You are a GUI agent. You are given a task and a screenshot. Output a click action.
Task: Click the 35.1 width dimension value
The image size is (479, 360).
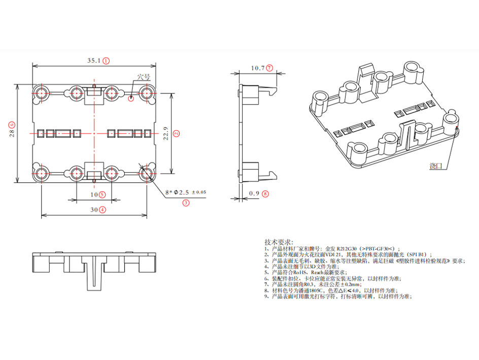[93, 60]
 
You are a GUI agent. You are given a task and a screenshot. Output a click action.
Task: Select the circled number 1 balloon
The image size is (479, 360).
[106, 60]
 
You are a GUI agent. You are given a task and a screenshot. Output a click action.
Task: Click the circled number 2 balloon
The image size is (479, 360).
[176, 134]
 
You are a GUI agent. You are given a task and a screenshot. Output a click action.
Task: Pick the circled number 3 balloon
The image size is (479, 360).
[186, 203]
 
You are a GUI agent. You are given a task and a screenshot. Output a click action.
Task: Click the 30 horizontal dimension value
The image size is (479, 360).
[94, 209]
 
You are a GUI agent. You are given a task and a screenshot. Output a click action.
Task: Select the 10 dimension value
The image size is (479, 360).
[94, 194]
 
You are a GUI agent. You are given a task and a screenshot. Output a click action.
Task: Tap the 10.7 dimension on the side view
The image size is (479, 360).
[258, 68]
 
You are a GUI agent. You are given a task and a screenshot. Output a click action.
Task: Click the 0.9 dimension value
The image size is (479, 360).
[254, 193]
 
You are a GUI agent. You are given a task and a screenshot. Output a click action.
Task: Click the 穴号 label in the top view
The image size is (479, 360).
[144, 78]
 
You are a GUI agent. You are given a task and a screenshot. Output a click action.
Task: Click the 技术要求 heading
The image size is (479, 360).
[279, 242]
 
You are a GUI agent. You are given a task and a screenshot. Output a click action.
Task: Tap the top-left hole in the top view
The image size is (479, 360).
[41, 93]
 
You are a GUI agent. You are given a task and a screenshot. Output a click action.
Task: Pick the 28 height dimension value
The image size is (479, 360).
[11, 133]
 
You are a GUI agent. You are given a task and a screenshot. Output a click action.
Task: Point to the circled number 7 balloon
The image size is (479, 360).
[269, 68]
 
